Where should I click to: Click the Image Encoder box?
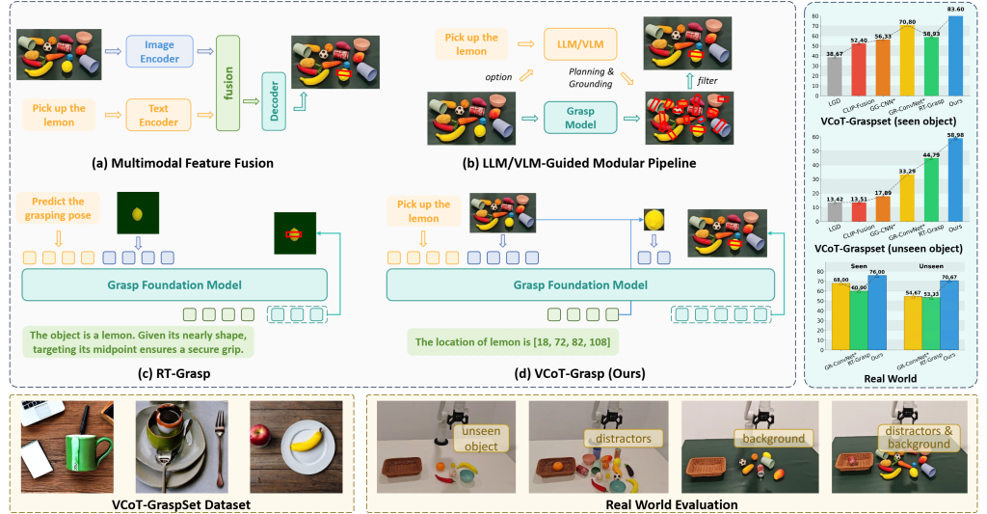click(x=159, y=50)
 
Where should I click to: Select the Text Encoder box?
click(x=159, y=114)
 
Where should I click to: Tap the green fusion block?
click(x=228, y=82)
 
